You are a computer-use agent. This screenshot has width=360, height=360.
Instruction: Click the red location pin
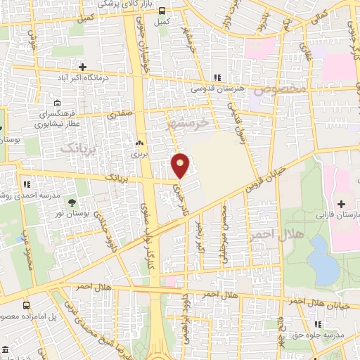click(181, 165)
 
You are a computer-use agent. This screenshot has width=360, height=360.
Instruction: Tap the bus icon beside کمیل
click(162, 11)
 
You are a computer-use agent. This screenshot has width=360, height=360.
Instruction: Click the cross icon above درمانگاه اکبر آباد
click(83, 67)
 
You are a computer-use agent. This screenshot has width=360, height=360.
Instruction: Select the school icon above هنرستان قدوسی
click(217, 77)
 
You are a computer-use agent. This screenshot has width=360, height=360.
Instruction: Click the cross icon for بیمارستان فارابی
click(342, 204)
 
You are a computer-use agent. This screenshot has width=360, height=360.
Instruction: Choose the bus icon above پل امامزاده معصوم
click(27, 306)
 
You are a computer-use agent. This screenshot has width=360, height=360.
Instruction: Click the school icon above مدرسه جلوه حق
click(319, 324)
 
